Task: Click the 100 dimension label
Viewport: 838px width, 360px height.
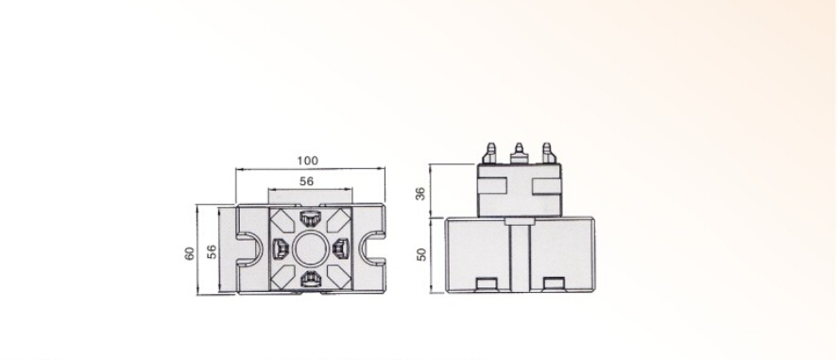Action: coord(307,161)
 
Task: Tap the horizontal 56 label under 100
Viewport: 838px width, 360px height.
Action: coord(306,181)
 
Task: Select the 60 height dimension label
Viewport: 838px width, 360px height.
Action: coord(190,254)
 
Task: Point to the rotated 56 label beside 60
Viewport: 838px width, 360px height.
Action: coord(212,251)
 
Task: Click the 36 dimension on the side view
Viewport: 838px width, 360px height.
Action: coord(421,193)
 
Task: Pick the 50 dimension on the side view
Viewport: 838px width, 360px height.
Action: coord(421,254)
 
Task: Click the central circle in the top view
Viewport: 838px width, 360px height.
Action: coord(310,249)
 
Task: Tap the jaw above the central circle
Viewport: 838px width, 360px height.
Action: coord(310,218)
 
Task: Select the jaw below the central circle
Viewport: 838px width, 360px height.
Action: coord(310,279)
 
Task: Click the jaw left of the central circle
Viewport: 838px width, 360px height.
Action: coord(280,249)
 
